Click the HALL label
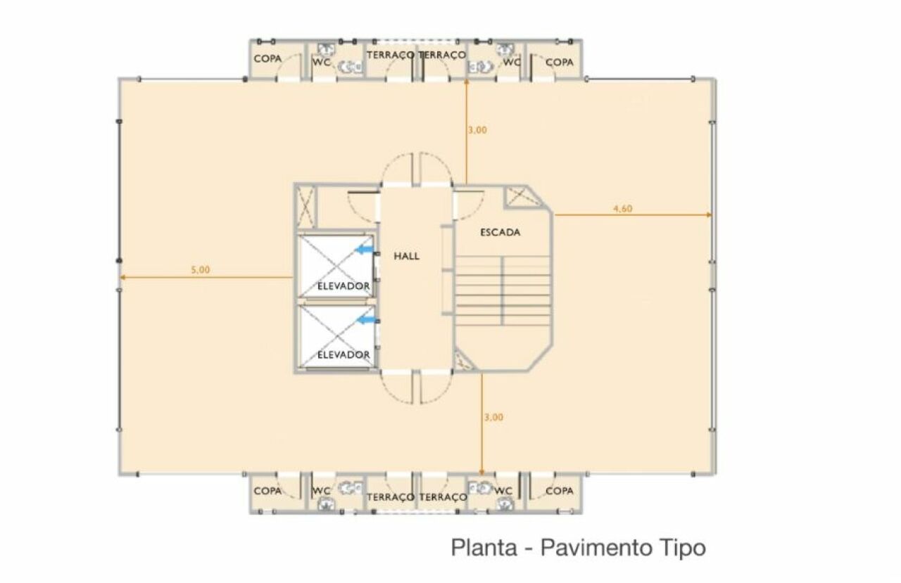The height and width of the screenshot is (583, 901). pos(406,256)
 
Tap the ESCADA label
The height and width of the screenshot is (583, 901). pos(500,232)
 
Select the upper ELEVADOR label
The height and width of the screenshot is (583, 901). pos(344,286)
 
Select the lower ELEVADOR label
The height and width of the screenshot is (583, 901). pos(344,354)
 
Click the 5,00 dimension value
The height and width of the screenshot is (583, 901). pos(201,270)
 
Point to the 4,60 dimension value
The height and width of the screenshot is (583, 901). pos(623,209)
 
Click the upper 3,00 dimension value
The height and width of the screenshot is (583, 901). pos(477,130)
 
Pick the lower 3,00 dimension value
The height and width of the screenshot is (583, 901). pos(493,418)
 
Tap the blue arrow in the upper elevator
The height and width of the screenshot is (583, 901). pos(365,250)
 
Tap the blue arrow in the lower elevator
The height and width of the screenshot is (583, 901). pos(367,320)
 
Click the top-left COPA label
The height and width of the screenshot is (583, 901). pos(267,58)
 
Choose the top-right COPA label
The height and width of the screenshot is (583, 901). pos(559,63)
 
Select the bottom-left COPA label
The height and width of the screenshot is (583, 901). pos(267,491)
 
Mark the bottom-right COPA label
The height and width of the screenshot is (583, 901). pos(559,491)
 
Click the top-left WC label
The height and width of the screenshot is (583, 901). pos(322,62)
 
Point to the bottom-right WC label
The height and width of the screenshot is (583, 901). pos(503,491)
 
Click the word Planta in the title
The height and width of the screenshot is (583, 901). pos(484,548)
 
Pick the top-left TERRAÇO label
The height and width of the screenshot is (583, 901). pos(390,55)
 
